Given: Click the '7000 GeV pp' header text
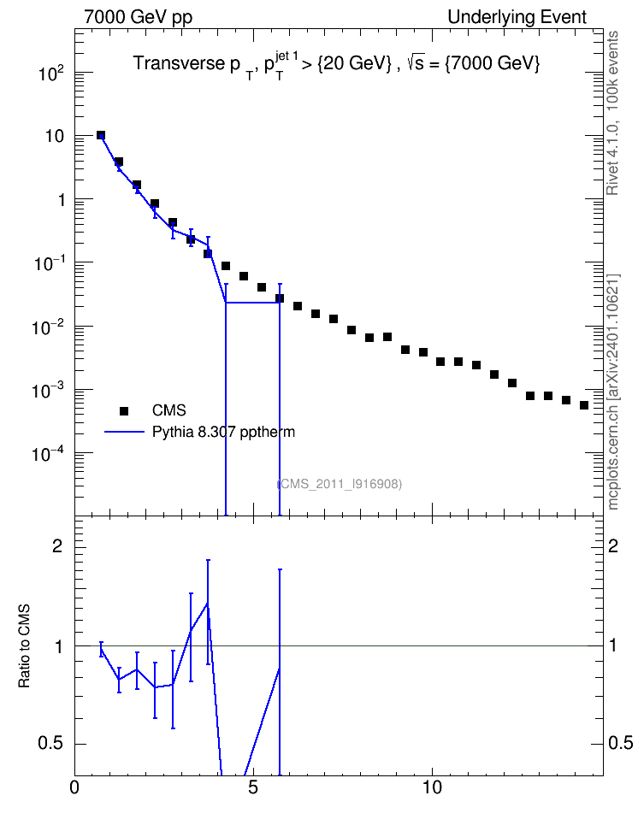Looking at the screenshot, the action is click(138, 17).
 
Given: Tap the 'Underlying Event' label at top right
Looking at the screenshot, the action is click(517, 17).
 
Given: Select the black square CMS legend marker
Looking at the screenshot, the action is click(124, 410).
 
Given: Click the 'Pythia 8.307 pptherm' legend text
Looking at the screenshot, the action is click(223, 432).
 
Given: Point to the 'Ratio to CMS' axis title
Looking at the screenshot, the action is click(25, 646).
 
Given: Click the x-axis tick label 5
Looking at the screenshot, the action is click(253, 787).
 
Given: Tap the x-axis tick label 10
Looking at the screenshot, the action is click(432, 787).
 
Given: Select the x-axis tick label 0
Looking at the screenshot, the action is click(74, 787).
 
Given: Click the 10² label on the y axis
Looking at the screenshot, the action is click(51, 73).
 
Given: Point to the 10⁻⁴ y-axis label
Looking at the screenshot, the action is click(47, 454).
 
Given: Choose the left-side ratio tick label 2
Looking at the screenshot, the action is click(58, 546).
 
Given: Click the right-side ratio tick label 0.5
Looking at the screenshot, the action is click(620, 743).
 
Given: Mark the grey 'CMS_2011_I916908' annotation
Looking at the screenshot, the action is click(340, 484).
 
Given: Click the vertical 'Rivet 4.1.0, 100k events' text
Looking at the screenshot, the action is click(612, 113).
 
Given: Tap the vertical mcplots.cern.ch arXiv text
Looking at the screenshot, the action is click(612, 392).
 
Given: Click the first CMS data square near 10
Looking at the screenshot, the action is click(101, 135).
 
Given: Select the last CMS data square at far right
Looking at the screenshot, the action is click(584, 405).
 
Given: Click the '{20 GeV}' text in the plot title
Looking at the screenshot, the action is click(354, 63).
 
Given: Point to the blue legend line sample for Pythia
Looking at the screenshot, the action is click(124, 432).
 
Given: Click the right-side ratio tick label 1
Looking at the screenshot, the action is click(612, 646).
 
